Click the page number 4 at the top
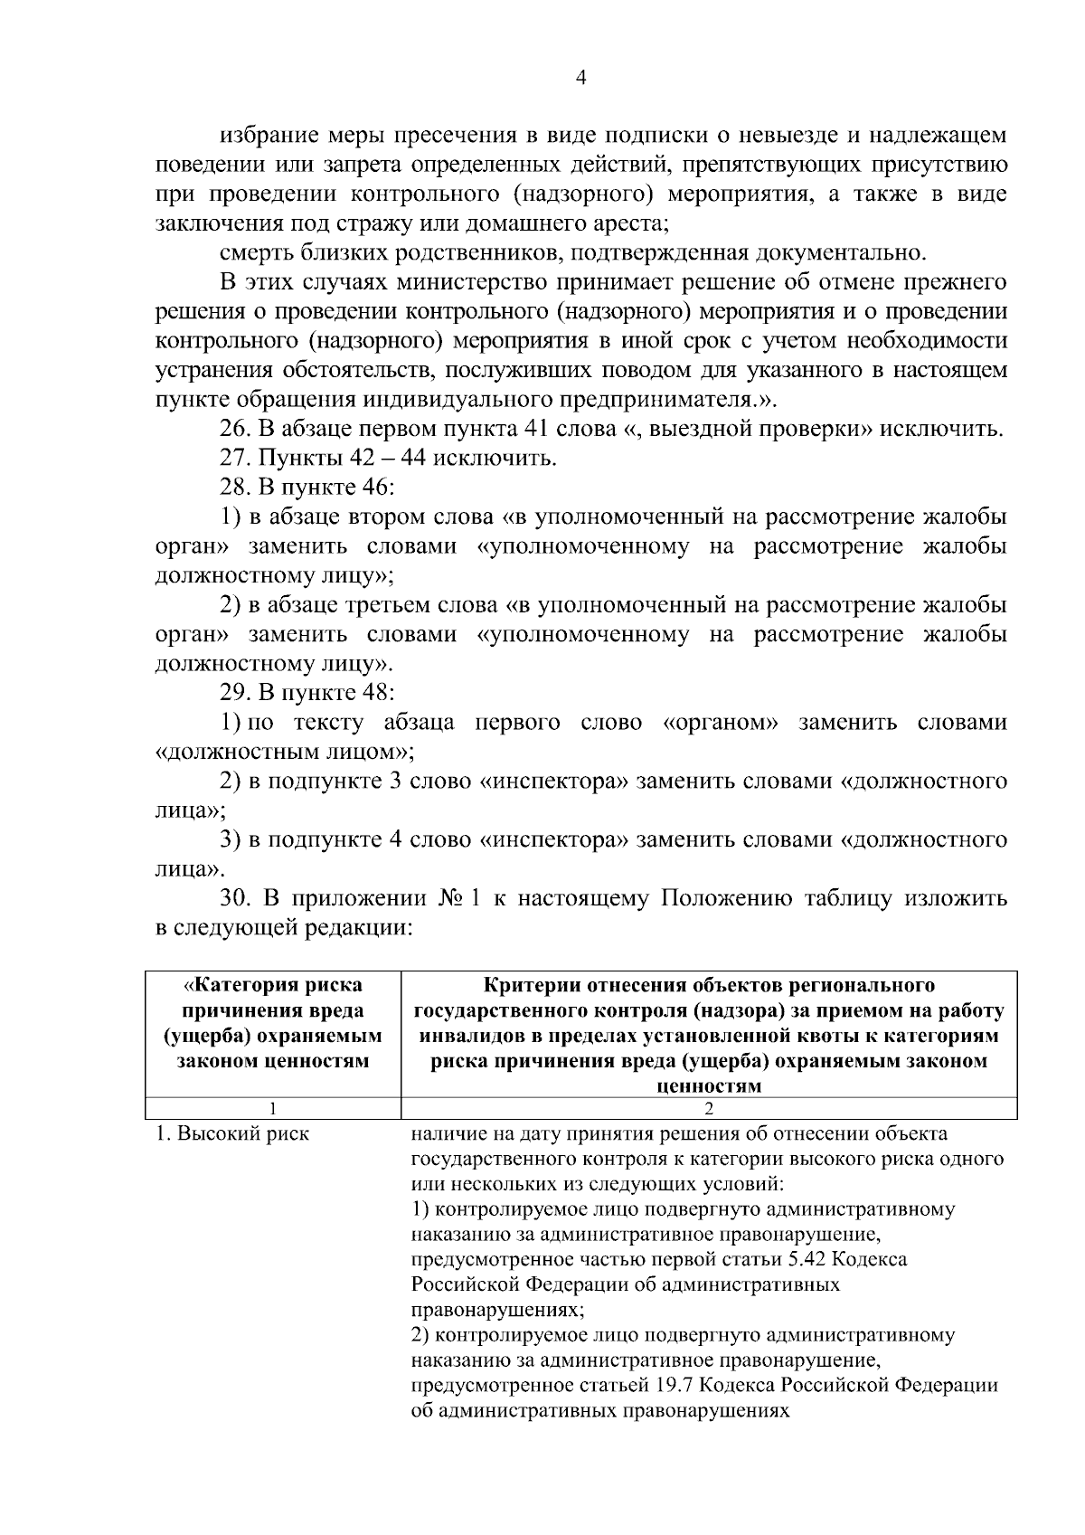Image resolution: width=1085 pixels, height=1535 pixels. point(581,79)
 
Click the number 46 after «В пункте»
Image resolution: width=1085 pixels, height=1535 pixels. point(374,487)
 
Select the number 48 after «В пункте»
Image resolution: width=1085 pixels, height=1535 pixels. point(374,693)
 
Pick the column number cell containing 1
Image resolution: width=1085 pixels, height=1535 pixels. point(273,1109)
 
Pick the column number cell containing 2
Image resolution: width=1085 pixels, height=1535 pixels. point(709,1109)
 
